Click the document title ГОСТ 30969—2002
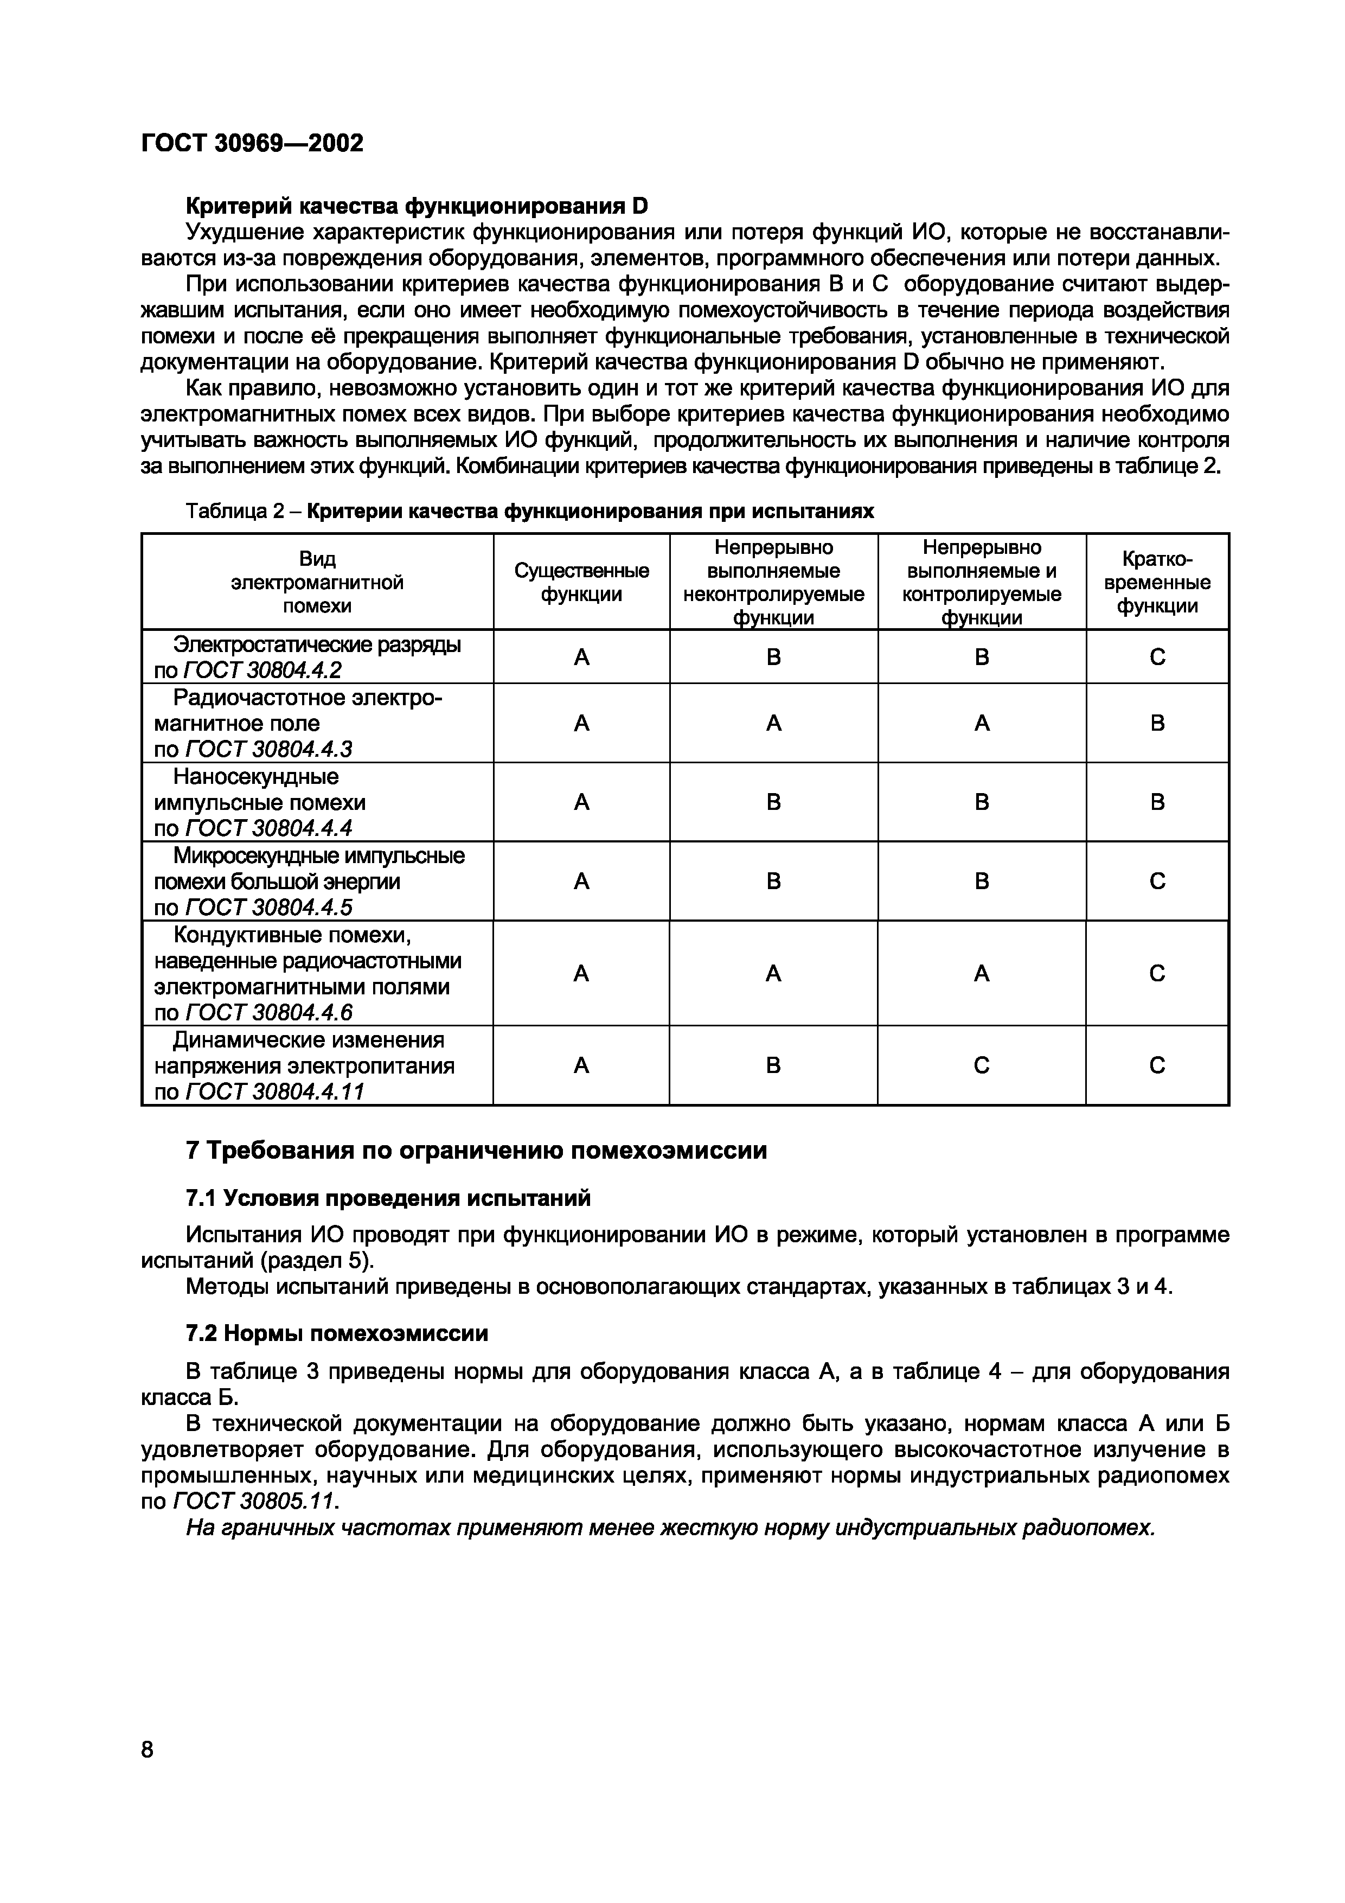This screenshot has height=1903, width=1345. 252,143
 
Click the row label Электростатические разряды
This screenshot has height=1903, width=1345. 317,644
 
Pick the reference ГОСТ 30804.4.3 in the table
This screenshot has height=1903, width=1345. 268,749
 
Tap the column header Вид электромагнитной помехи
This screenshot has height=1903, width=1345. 317,582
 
